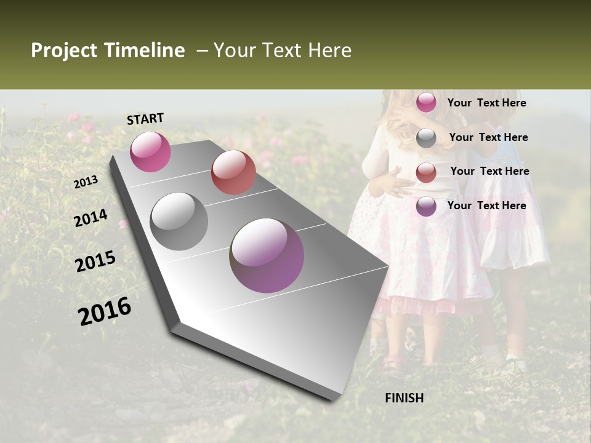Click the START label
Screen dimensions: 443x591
[145, 119]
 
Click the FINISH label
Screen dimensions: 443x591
[404, 398]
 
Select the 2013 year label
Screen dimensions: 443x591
[86, 182]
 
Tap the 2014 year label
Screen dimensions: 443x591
[91, 218]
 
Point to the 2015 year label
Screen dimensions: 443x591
[95, 261]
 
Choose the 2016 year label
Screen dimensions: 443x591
[105, 311]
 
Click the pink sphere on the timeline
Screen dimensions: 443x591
[150, 151]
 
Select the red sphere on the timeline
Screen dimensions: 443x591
[233, 172]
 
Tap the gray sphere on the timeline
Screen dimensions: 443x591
[179, 221]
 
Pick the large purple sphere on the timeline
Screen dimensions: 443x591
[267, 255]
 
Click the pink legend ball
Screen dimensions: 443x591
[426, 102]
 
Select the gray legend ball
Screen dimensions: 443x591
[426, 138]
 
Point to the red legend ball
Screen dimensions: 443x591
[426, 172]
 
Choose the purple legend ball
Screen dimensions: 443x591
[426, 206]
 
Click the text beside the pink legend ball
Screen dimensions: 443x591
[486, 103]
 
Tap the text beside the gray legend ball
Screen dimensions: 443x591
[488, 137]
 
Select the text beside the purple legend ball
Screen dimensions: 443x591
[486, 206]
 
